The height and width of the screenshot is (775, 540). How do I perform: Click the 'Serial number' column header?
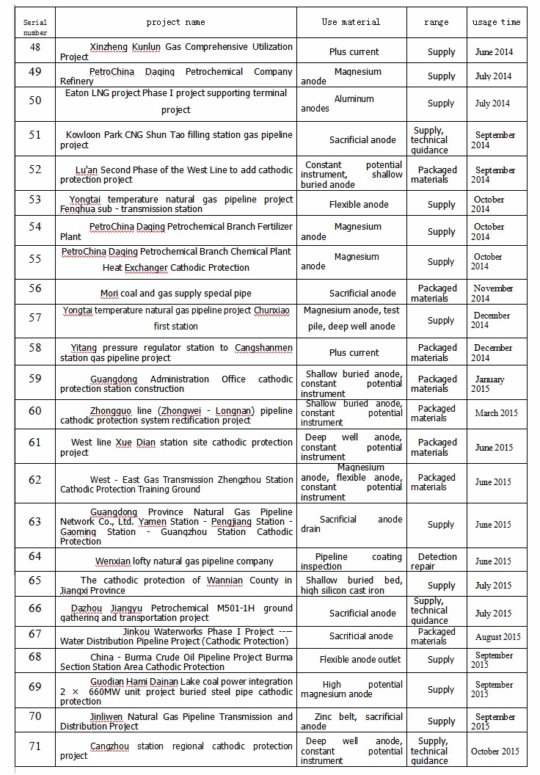(x=34, y=27)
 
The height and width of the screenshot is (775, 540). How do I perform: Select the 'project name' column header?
(x=175, y=22)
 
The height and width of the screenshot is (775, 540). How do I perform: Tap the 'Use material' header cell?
(x=351, y=22)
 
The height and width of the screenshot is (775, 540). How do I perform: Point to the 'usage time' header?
(x=496, y=22)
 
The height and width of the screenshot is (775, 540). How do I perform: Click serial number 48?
(x=34, y=47)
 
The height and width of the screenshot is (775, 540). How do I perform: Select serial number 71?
(x=34, y=745)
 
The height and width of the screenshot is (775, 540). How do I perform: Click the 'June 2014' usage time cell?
(x=495, y=52)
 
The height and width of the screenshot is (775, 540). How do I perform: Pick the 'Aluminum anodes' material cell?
(x=351, y=103)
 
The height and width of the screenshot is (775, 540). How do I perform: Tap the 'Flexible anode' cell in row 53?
(x=358, y=205)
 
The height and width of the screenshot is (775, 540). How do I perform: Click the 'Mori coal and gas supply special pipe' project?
(x=175, y=294)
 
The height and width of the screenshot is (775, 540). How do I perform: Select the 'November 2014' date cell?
(x=492, y=294)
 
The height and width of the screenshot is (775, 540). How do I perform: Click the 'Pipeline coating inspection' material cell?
(x=351, y=561)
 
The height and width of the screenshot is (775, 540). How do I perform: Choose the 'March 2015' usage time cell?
(x=496, y=413)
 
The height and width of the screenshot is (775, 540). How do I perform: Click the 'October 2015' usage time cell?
(x=495, y=752)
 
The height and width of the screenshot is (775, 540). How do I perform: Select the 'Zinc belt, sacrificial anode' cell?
(x=351, y=721)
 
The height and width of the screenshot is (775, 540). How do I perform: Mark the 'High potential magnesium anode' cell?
(x=351, y=689)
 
